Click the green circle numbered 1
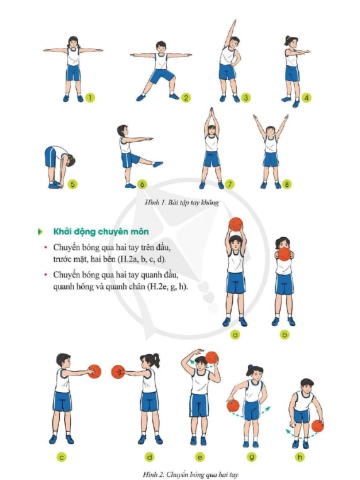point(90,98)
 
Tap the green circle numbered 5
point(72,184)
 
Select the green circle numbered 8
point(287,184)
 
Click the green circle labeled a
point(235,335)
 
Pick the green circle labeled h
point(300,457)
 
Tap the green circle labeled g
point(252,457)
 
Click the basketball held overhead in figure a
point(235,224)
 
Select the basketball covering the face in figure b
point(284,254)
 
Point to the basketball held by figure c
point(94,371)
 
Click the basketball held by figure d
point(118,372)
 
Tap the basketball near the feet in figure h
point(318,426)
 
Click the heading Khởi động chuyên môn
point(101,232)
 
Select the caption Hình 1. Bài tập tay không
point(182,203)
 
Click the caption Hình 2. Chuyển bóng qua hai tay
point(190,474)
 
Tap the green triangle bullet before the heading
point(40,232)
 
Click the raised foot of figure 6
point(158,164)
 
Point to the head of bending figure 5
point(70,160)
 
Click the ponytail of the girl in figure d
point(156,360)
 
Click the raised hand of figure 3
point(234,23)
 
